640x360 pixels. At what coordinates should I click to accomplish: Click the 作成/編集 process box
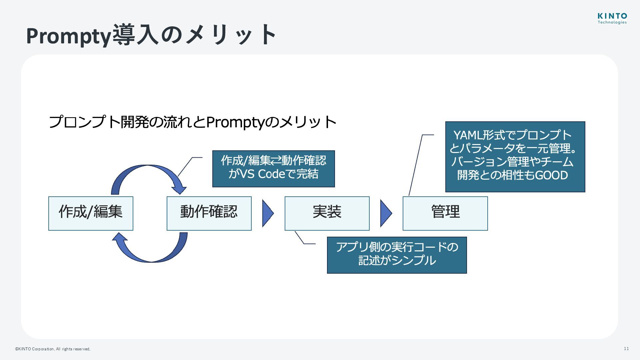tap(91, 213)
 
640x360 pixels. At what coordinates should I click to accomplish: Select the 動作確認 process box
tap(209, 213)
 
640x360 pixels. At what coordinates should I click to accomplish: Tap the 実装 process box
tap(327, 213)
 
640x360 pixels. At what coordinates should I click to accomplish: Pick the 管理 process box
tap(445, 213)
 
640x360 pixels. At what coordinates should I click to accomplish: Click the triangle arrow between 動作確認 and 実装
tap(267, 213)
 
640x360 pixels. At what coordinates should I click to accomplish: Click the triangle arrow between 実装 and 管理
tap(386, 213)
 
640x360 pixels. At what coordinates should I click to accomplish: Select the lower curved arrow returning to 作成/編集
tap(152, 257)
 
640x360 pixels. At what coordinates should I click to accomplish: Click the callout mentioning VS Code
tap(273, 169)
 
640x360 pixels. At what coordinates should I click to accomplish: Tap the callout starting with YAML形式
tap(515, 157)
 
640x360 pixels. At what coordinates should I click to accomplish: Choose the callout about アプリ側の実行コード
tap(397, 255)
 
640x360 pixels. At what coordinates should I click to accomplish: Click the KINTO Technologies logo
tap(612, 19)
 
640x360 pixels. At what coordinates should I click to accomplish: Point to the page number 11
tap(626, 349)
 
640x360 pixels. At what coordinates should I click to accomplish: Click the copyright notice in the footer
tap(53, 349)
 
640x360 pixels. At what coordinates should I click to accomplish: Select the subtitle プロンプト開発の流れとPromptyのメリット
tap(192, 122)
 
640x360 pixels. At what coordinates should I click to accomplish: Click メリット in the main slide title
tap(230, 35)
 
